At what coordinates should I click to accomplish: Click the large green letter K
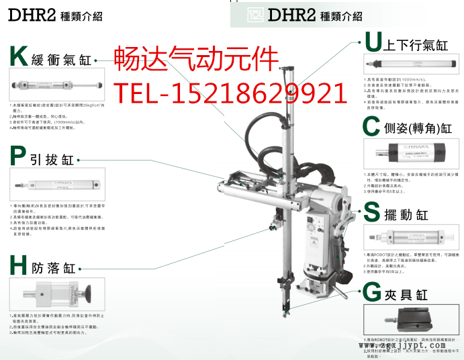pos(19,58)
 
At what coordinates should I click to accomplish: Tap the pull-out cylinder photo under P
pos(55,182)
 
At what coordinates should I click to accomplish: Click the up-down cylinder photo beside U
pos(410,64)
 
